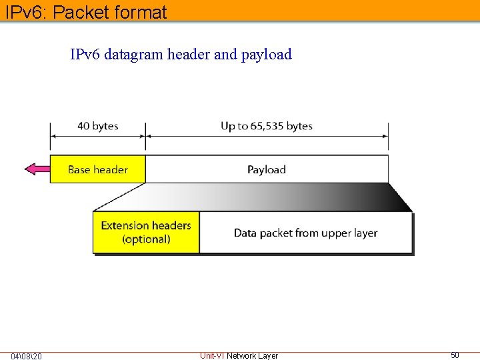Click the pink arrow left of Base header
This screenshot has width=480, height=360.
[37, 169]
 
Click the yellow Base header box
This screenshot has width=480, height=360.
[97, 169]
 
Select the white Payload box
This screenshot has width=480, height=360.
[267, 169]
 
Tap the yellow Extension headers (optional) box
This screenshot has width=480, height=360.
[146, 232]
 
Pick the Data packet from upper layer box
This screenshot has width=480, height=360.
[305, 233]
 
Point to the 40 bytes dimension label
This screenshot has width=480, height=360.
[97, 126]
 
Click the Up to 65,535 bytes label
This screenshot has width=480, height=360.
[267, 126]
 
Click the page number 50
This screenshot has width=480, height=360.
[455, 355]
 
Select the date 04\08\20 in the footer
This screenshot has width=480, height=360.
[27, 356]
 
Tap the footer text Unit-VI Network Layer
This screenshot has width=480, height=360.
[239, 356]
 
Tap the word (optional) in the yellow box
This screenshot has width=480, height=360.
[146, 239]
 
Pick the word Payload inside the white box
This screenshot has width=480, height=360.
[267, 169]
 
